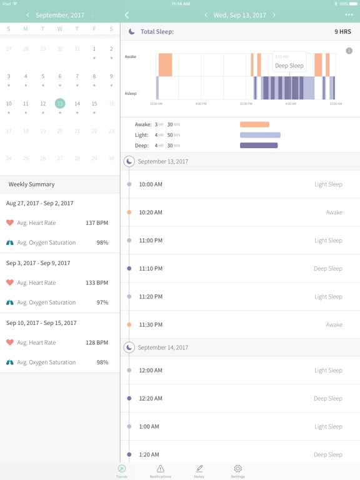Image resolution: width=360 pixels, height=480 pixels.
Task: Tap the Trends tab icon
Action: [x=121, y=469]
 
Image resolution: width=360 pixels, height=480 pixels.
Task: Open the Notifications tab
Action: [x=160, y=469]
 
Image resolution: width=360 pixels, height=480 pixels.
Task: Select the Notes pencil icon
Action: [x=199, y=469]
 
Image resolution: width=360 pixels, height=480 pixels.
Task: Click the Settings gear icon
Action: [x=237, y=469]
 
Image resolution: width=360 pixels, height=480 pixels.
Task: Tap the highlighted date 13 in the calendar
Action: [x=60, y=104]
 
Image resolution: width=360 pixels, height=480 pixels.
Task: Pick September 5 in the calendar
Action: [x=42, y=76]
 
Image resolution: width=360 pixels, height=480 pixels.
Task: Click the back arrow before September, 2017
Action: [x=27, y=15]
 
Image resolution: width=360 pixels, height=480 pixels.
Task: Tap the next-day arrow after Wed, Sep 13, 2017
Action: [x=274, y=15]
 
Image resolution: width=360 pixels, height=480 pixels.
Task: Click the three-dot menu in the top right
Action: [x=349, y=15]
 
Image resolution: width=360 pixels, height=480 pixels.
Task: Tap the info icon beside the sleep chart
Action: [x=349, y=51]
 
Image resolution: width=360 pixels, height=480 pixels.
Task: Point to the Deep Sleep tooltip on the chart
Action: [x=289, y=65]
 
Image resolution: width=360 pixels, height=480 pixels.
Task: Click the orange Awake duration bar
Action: [x=254, y=124]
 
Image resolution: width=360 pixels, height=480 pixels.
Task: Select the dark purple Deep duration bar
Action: [x=259, y=146]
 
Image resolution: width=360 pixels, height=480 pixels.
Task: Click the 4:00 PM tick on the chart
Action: [x=201, y=104]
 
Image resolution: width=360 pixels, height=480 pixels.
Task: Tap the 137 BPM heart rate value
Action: [x=97, y=222]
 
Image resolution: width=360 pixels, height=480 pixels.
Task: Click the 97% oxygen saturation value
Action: [x=102, y=302]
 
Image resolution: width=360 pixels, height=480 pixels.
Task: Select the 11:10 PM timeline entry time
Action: [x=151, y=269]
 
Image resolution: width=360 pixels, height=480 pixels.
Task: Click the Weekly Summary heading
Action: [x=31, y=184]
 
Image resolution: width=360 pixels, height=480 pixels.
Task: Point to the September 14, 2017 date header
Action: [x=163, y=347]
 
